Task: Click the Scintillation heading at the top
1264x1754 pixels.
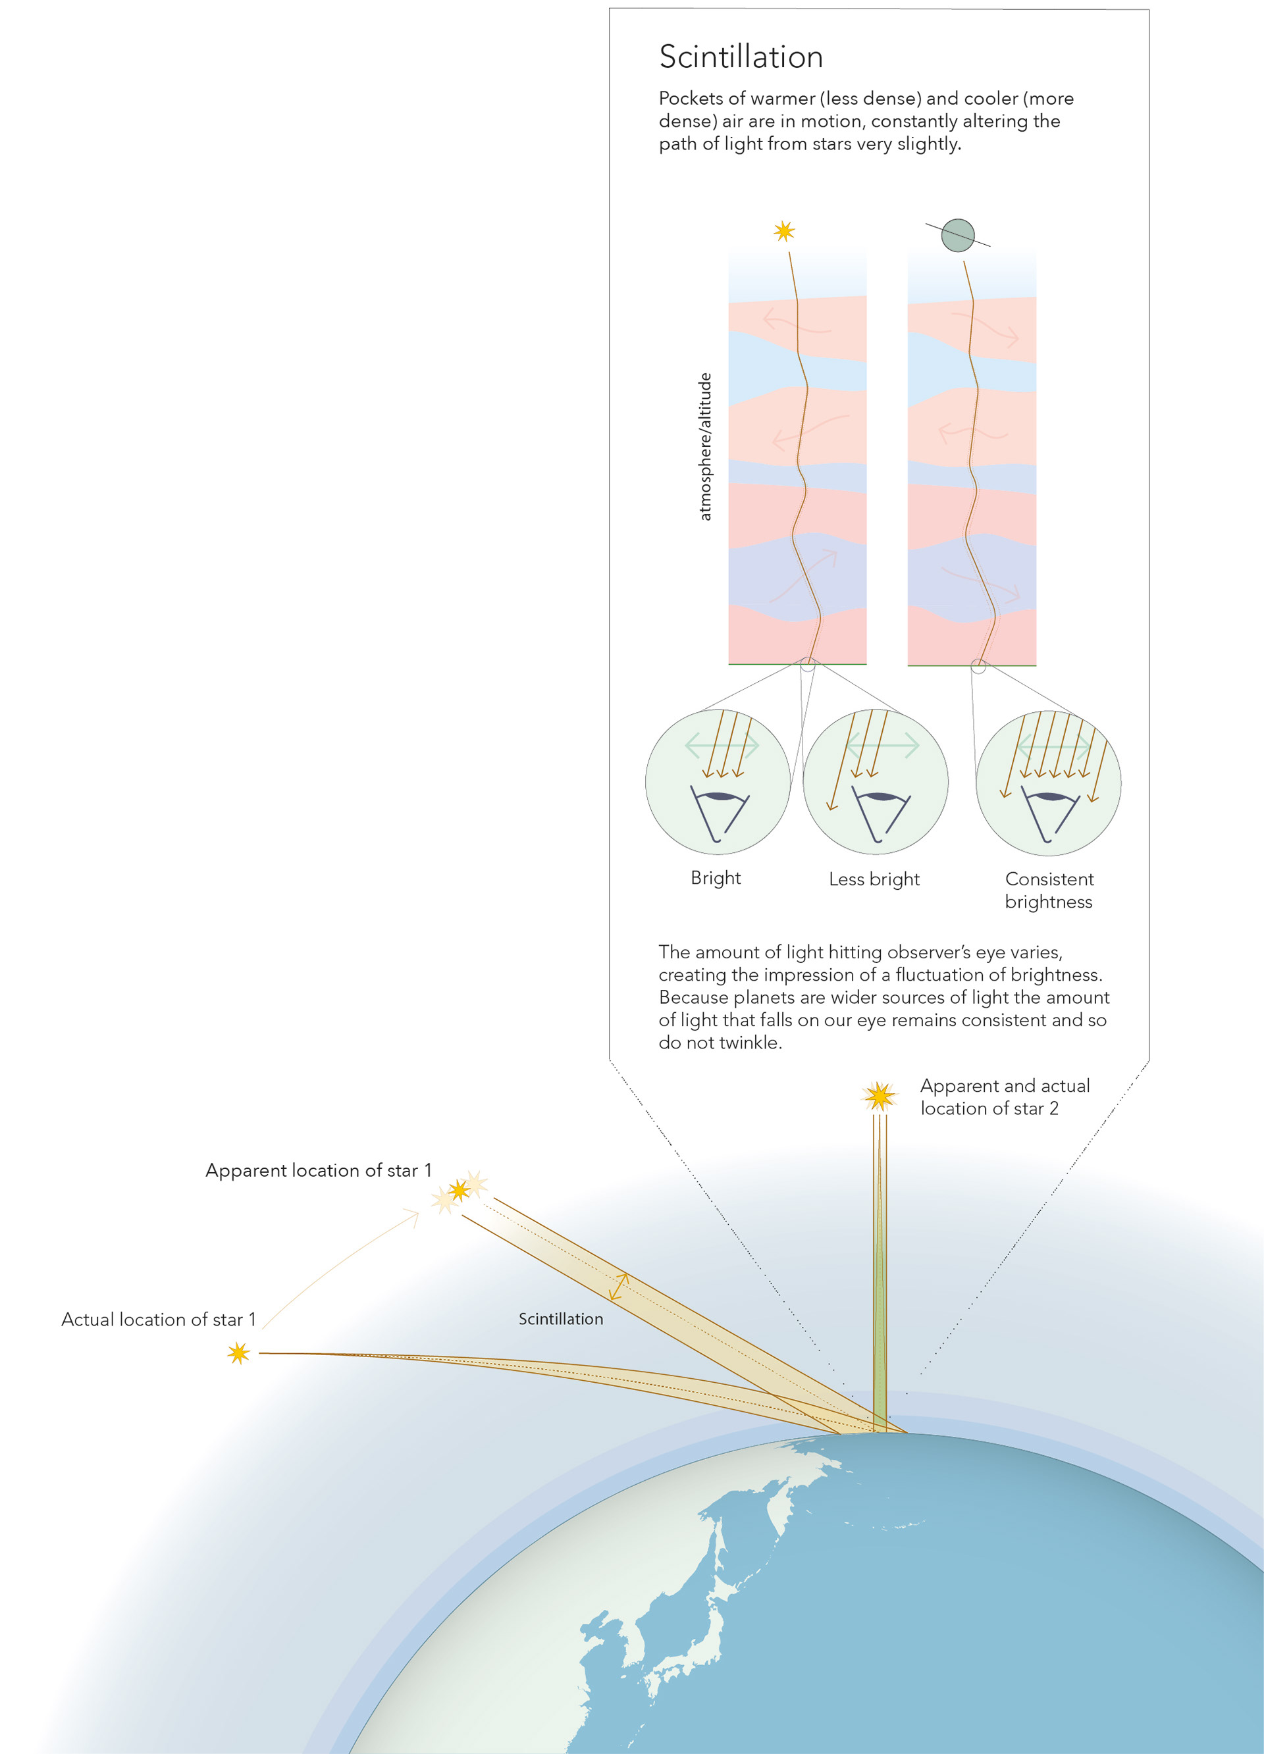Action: (741, 57)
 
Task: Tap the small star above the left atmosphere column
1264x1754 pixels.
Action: (783, 231)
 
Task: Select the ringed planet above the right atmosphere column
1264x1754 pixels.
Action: (957, 235)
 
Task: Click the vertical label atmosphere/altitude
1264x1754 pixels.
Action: (704, 446)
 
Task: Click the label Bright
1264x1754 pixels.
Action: (716, 878)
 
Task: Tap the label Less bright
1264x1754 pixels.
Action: (874, 879)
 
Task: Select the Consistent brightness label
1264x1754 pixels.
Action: (1048, 890)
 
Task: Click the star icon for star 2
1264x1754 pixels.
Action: (879, 1095)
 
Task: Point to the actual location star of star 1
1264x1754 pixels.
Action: (238, 1353)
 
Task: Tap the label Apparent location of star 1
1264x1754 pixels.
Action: (318, 1170)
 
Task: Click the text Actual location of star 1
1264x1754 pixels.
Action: (159, 1320)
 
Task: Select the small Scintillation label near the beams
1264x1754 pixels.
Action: (561, 1318)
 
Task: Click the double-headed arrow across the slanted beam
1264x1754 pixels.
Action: (618, 1286)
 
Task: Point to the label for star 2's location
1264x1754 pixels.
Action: (1004, 1096)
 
